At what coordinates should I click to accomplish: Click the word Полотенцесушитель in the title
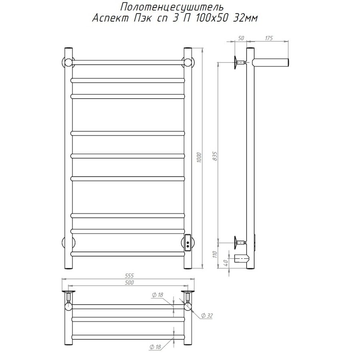172,7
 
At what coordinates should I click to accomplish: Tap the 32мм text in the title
246,18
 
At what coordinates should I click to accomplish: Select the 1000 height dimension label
199,158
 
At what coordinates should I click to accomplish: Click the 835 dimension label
215,156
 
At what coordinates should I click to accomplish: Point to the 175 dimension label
269,38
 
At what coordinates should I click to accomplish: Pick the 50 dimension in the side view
241,38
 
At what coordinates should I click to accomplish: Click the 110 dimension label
215,254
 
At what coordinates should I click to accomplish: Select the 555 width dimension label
130,276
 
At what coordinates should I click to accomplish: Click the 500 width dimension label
129,283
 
